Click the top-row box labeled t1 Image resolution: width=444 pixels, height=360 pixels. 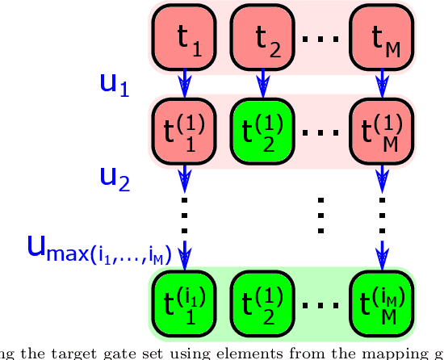point(184,36)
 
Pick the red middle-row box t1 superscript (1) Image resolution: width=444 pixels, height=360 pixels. point(184,130)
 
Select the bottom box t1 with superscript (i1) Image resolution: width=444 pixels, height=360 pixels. point(184,303)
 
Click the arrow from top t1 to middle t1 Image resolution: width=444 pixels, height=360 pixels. point(184,82)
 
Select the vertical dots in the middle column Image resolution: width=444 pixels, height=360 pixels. point(321,215)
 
